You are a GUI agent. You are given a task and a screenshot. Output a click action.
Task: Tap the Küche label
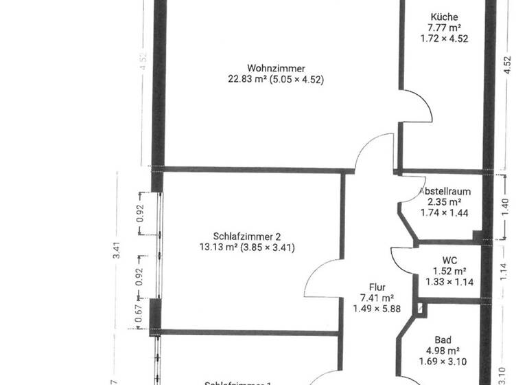pyautogui.click(x=444, y=17)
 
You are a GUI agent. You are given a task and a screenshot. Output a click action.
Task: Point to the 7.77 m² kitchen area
pyautogui.click(x=444, y=28)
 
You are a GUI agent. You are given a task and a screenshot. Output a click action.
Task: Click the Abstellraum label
pyautogui.click(x=445, y=190)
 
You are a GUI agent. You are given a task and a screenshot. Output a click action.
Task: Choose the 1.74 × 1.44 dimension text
pyautogui.click(x=444, y=213)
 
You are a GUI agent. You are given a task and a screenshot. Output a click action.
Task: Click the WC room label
pyautogui.click(x=450, y=260)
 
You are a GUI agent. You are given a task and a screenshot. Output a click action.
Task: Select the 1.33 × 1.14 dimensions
pyautogui.click(x=450, y=282)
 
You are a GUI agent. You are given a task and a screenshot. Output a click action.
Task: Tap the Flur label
pyautogui.click(x=377, y=287)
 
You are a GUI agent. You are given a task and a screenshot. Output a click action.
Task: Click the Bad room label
pyautogui.click(x=443, y=340)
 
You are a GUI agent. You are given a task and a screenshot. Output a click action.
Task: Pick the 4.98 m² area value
pyautogui.click(x=443, y=351)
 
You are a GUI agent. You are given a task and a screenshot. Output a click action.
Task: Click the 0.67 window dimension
pyautogui.click(x=139, y=313)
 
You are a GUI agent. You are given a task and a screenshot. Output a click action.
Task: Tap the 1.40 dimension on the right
pyautogui.click(x=507, y=207)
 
